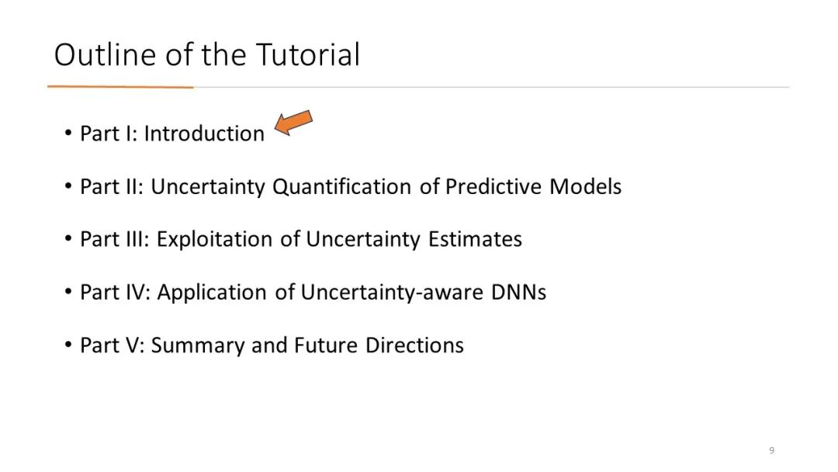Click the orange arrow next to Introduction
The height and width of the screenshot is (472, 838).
click(x=293, y=123)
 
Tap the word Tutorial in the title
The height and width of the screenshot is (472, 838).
click(x=308, y=54)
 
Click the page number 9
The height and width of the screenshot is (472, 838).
click(x=771, y=450)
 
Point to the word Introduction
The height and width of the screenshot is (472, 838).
click(x=204, y=134)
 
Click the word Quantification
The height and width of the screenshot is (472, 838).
click(x=342, y=187)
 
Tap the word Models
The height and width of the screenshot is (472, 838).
click(x=585, y=186)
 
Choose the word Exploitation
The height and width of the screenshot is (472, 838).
click(x=214, y=239)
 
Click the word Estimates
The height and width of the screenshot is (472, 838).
click(x=475, y=239)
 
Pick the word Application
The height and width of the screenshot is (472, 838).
click(x=212, y=293)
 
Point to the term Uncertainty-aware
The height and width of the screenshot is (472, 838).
click(x=392, y=293)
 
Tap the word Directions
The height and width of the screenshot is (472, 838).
click(x=414, y=345)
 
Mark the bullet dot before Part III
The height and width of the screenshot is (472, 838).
click(x=68, y=239)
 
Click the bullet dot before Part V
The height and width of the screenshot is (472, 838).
click(x=68, y=345)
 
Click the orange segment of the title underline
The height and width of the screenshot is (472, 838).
click(x=120, y=86)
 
